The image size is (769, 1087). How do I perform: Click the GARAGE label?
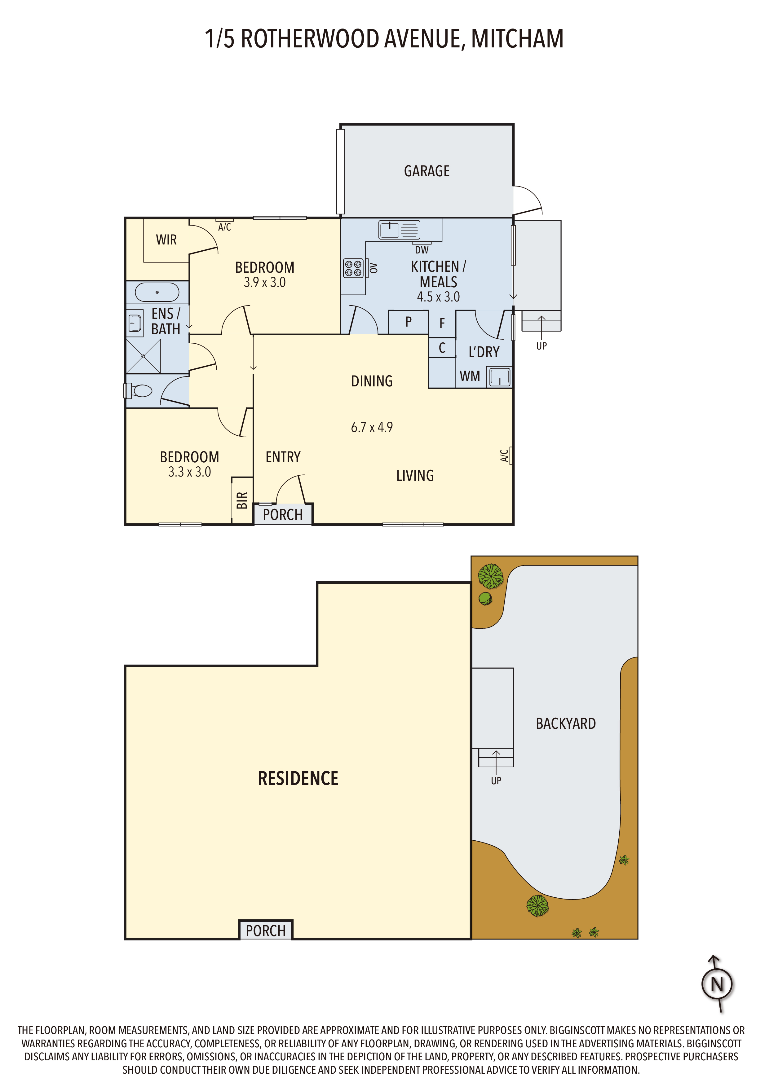(x=426, y=171)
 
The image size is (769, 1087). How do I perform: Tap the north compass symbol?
(x=717, y=984)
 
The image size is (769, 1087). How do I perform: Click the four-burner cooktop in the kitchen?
(x=353, y=268)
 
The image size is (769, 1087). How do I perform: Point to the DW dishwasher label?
(x=422, y=250)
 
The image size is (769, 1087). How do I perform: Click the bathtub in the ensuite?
(x=157, y=292)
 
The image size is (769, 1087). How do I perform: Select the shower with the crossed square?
(x=144, y=356)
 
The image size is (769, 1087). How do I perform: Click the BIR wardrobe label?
(x=242, y=500)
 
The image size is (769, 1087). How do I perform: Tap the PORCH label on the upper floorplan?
(x=283, y=515)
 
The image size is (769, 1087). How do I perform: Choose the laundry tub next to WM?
(x=500, y=377)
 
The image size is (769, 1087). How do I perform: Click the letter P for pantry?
(x=408, y=322)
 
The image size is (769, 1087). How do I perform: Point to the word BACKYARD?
(x=566, y=724)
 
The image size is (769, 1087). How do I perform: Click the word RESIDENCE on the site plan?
(x=298, y=778)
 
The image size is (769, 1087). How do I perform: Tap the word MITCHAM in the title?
(x=518, y=39)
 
